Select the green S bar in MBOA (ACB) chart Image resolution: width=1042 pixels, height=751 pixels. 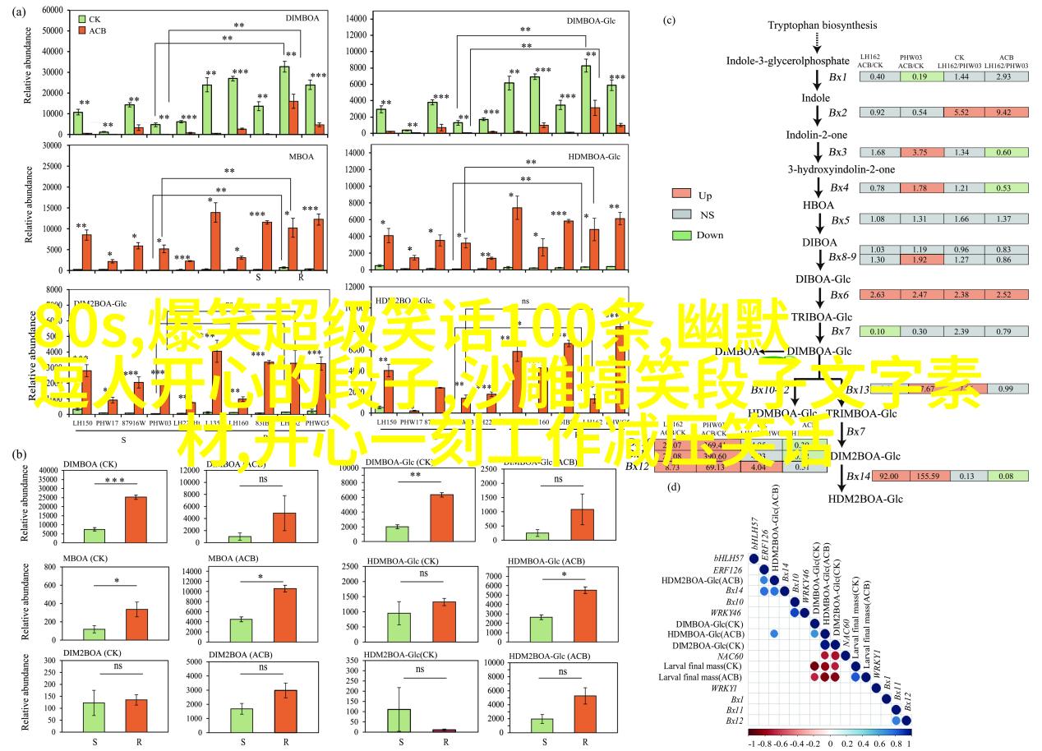coord(241,610)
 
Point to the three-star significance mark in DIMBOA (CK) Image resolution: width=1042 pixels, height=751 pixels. coord(114,481)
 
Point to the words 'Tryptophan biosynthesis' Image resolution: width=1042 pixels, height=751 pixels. coord(811,25)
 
